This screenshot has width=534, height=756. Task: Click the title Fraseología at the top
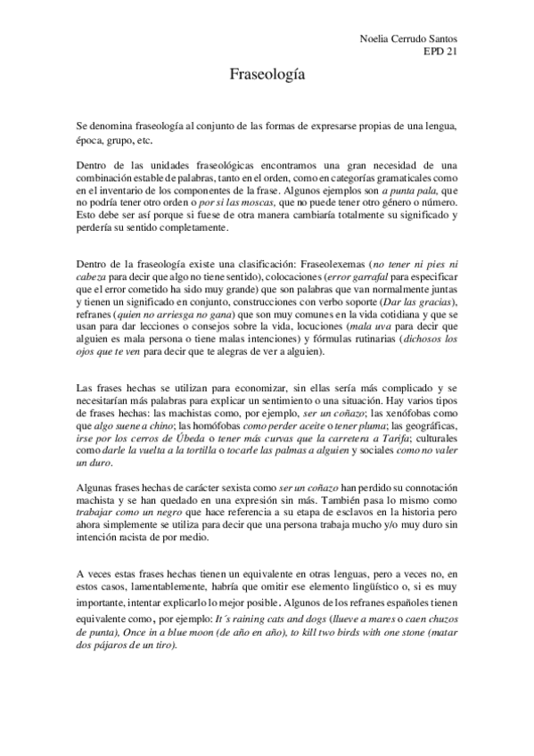point(267,77)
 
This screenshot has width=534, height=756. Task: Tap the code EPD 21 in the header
point(438,51)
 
